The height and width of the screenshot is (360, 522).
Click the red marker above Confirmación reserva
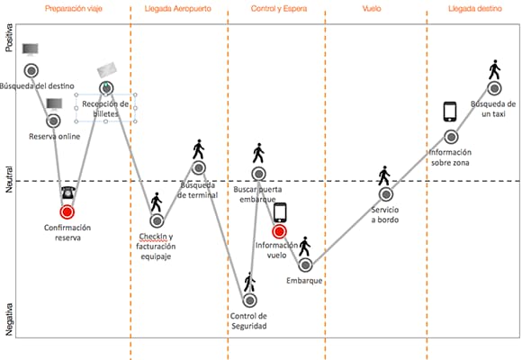(67, 211)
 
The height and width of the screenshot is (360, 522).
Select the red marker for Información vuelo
(279, 231)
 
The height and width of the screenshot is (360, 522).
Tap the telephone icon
(67, 193)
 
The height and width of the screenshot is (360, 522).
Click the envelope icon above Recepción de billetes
(107, 69)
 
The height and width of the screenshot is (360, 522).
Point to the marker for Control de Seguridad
(249, 301)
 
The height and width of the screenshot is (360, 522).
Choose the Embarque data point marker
(305, 265)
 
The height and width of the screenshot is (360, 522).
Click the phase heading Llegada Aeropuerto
(178, 9)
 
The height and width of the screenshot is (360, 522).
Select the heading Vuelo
(372, 9)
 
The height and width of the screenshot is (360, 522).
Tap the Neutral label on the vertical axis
(9, 179)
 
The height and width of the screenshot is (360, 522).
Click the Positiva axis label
(9, 38)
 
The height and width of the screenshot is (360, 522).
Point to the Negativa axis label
(9, 319)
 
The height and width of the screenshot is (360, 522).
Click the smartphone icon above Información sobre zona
(450, 112)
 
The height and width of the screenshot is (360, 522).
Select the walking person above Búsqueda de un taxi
(495, 69)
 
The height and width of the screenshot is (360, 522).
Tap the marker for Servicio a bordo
(386, 194)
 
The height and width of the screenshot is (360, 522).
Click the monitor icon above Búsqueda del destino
(31, 49)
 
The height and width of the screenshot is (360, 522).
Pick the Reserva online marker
(53, 121)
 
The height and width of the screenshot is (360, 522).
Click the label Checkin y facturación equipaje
(156, 247)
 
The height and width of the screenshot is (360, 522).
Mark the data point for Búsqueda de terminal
(199, 167)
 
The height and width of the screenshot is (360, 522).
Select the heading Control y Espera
(279, 9)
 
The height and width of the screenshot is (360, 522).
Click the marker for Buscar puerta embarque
(258, 174)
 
